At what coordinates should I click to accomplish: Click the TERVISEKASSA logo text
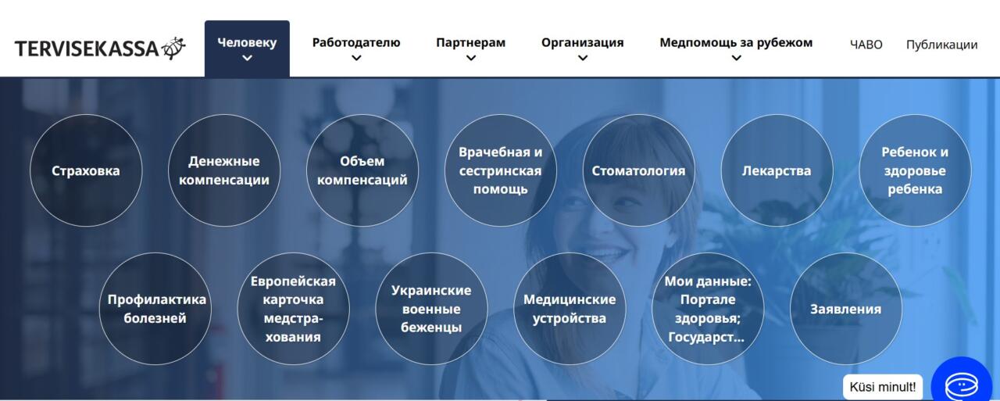point(87,48)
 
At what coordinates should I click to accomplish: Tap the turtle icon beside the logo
point(173,48)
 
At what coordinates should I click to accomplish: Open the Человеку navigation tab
point(247,48)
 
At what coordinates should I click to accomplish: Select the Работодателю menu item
point(355,43)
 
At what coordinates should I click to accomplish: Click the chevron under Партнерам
point(470,58)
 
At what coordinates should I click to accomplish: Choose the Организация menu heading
point(582,43)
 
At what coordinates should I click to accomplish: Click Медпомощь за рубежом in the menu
point(736,43)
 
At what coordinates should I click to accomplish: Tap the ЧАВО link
point(866,45)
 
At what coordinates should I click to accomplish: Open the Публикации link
point(941,45)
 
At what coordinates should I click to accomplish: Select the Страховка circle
point(86,170)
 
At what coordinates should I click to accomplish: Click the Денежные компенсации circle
point(224,170)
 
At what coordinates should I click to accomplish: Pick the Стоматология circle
point(638,170)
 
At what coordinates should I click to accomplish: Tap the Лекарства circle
point(777,170)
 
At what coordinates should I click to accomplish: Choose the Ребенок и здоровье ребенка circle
point(915,170)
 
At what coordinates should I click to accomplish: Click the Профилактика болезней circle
point(155,309)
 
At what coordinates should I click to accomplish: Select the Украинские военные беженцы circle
point(431,309)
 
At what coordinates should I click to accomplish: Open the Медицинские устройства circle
point(570,309)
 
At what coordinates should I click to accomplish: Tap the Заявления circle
point(846,309)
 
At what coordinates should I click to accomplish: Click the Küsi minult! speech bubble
point(883,387)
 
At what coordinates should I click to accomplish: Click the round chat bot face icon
point(962,385)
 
